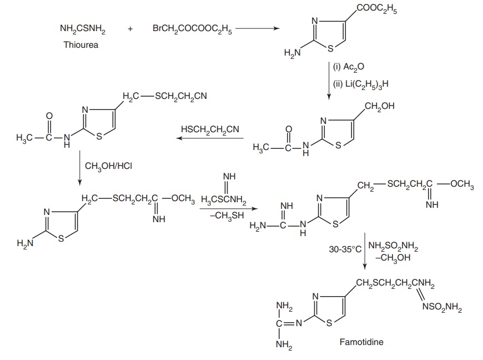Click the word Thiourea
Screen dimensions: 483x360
(80, 44)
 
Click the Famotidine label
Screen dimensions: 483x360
(361, 342)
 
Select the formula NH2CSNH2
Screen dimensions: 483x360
(83, 29)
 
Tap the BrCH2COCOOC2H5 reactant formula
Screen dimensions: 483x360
(192, 29)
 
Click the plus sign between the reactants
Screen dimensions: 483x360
(130, 29)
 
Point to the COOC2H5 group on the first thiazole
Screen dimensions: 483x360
(377, 9)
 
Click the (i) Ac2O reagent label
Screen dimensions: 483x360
(349, 67)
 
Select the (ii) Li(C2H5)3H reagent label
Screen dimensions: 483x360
(361, 84)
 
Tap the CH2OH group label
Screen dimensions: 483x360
(380, 106)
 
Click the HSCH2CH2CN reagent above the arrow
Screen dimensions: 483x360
(210, 129)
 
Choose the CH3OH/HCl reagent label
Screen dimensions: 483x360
(108, 166)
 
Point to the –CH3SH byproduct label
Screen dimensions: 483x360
(227, 216)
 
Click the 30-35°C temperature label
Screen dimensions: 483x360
(345, 249)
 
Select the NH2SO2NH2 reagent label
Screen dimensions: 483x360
(393, 246)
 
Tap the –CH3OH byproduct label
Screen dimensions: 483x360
(393, 258)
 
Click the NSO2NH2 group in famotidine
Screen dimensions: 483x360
(442, 307)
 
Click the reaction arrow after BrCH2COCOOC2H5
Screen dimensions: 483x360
(258, 29)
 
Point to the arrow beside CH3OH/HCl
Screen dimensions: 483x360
(80, 168)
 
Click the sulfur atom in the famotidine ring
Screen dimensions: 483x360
(329, 323)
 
